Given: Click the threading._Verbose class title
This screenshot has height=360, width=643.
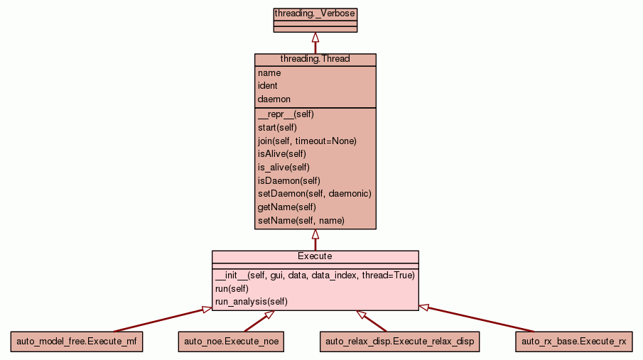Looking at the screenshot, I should point(315,13).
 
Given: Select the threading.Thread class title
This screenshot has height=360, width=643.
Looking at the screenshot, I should point(315,59).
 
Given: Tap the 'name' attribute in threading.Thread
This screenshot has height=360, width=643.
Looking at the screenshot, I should point(269,72).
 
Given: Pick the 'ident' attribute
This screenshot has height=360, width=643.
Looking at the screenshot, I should point(268,86).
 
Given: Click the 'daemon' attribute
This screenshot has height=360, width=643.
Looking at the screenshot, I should point(274,99).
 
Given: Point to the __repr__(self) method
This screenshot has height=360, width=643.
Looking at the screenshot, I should point(286,114).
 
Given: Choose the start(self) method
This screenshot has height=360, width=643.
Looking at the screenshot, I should point(277,127).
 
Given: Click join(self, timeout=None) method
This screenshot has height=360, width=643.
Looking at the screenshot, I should point(307,141).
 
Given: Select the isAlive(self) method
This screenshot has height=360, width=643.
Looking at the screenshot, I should point(281,154).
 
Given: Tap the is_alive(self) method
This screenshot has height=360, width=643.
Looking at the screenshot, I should point(283,168).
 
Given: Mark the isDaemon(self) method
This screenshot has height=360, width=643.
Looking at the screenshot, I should point(288,181).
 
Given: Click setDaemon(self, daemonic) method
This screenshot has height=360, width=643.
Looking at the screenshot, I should point(314,194).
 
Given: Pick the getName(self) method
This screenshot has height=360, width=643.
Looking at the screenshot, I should point(286,207).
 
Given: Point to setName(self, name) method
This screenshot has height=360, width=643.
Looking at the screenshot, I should point(301,221).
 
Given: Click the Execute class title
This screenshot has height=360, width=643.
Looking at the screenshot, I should point(315,256).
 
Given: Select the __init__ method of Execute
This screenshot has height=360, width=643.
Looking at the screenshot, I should point(315,275).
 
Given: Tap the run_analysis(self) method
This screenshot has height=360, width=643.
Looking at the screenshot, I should point(251,301).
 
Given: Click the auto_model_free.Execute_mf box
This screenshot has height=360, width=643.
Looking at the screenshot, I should point(77,342).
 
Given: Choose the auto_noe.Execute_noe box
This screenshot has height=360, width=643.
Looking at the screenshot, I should point(232,342).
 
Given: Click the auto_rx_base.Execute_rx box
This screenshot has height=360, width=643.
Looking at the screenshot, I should point(574,342).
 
